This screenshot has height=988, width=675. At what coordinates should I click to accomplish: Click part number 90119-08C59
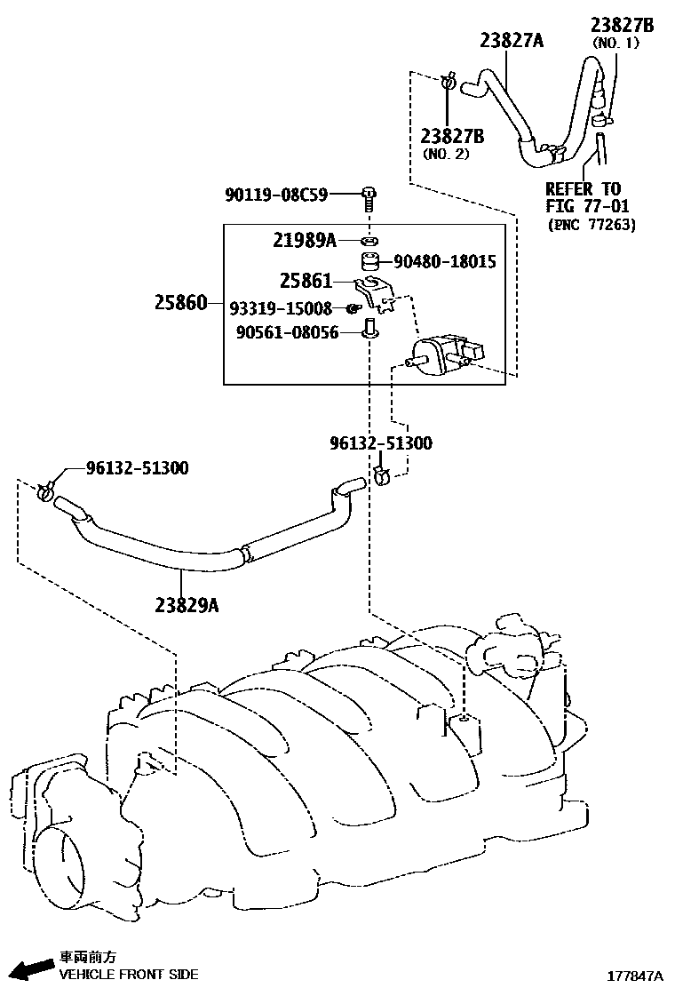[276, 193]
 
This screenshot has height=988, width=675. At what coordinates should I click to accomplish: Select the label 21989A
[304, 240]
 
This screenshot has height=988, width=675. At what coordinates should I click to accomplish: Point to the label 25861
[305, 282]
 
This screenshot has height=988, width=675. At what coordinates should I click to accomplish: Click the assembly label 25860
[181, 304]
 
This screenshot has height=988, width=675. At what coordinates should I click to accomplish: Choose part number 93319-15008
[280, 308]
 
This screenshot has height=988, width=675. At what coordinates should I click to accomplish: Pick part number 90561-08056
[287, 333]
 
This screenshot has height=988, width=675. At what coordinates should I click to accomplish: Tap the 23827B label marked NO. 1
[623, 25]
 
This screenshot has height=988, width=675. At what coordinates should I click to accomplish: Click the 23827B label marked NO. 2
[452, 136]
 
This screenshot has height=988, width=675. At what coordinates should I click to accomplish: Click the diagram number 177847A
[635, 975]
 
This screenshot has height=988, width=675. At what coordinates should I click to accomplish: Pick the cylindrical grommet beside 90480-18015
[369, 262]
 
